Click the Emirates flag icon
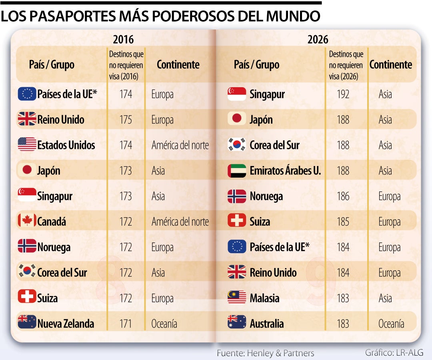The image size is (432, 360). click(x=237, y=171)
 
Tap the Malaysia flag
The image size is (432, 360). click(x=237, y=297)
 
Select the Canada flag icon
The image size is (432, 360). click(x=27, y=220)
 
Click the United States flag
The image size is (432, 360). click(x=27, y=144)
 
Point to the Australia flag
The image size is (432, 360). click(x=237, y=322)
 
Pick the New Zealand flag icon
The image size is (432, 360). click(x=27, y=322)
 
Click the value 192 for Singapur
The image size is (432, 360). click(x=343, y=94)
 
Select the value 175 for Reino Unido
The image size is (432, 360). click(x=126, y=120)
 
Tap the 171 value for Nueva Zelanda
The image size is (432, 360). click(x=126, y=324)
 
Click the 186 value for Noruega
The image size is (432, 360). click(x=343, y=196)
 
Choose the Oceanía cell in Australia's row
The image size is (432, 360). click(x=391, y=324)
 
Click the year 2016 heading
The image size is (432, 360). click(x=123, y=39)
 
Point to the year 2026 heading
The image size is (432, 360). click(x=318, y=39)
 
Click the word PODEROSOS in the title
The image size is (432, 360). click(x=194, y=16)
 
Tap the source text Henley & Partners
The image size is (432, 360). click(x=280, y=353)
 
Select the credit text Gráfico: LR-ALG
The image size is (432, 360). click(x=394, y=352)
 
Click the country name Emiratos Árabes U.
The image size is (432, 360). click(x=286, y=170)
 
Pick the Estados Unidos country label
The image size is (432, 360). click(x=66, y=145)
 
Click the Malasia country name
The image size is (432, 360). click(x=264, y=298)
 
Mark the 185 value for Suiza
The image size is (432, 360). click(x=343, y=222)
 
